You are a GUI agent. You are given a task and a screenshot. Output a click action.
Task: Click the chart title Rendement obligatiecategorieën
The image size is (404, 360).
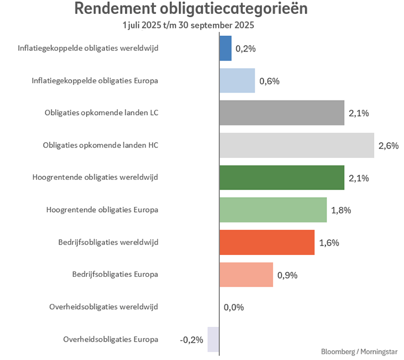click(191, 10)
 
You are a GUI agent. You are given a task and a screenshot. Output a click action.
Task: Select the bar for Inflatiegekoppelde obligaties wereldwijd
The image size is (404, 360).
click(226, 49)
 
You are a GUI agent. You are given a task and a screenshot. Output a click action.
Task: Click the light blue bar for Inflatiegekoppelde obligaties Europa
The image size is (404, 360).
click(237, 81)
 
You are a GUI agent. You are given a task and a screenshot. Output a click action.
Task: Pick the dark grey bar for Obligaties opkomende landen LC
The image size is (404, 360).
click(282, 113)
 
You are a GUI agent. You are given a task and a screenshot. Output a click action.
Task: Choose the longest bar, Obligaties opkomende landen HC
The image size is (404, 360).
click(297, 145)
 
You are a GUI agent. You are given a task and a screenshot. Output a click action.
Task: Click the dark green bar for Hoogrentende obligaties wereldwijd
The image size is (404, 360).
click(282, 177)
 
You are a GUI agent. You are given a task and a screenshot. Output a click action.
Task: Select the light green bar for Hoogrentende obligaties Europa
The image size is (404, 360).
click(273, 210)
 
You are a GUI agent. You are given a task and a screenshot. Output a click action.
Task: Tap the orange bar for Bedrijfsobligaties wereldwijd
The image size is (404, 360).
click(267, 242)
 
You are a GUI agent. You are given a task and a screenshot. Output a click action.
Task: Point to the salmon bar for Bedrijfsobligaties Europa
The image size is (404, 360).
click(246, 274)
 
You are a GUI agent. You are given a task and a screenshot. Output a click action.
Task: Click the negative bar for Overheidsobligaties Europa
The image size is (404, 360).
click(214, 339)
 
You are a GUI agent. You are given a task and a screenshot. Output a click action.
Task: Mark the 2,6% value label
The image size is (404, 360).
click(388, 146)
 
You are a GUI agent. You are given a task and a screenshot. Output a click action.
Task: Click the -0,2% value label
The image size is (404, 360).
click(192, 340)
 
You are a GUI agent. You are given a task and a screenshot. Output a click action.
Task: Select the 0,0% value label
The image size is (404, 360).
click(234, 307)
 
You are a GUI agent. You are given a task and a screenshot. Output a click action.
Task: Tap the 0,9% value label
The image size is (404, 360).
click(287, 275)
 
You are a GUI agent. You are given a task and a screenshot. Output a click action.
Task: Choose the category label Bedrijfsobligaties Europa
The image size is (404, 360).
click(115, 274)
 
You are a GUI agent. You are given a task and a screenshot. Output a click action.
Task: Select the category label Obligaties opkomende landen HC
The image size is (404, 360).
click(100, 145)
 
